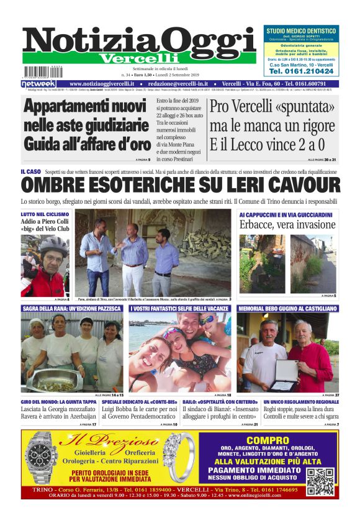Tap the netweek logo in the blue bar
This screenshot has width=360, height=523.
(x=38, y=84)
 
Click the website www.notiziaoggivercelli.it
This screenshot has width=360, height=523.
(x=103, y=84)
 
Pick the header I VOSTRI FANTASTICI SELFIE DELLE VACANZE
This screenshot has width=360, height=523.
(x=180, y=308)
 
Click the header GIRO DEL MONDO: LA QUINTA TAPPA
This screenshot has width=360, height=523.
(x=58, y=402)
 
